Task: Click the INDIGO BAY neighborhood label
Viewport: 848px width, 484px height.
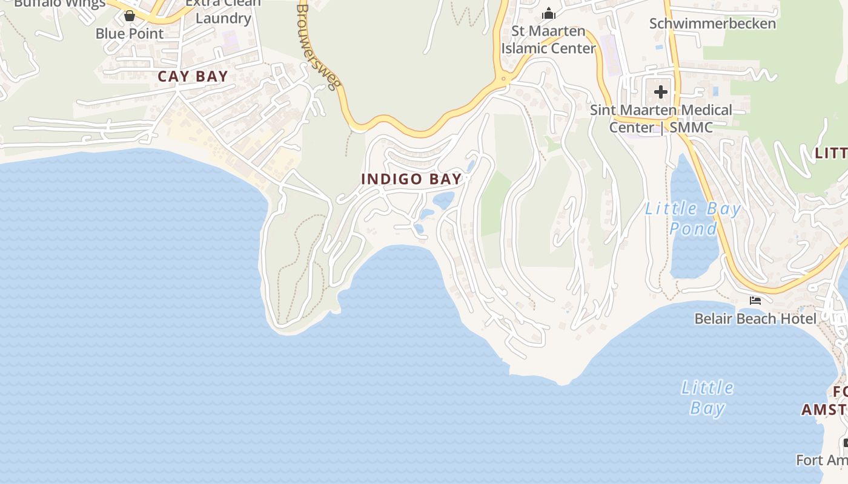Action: click(x=411, y=179)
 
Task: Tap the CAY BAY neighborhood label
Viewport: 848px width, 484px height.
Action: click(x=193, y=77)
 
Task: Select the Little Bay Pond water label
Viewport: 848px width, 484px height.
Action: click(x=693, y=218)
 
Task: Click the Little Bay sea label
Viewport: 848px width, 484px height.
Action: click(x=707, y=397)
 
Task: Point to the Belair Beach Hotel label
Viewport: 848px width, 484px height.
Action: click(x=755, y=318)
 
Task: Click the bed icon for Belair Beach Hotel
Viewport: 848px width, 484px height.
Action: click(x=755, y=300)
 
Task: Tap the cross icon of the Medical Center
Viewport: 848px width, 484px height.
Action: click(x=661, y=92)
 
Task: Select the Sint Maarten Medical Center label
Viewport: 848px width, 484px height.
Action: click(x=661, y=119)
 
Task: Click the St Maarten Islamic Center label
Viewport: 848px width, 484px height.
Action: click(x=549, y=39)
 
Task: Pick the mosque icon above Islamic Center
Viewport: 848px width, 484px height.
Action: click(x=549, y=13)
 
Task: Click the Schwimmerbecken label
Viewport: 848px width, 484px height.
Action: click(x=712, y=24)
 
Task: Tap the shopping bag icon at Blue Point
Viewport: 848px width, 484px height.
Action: click(x=130, y=16)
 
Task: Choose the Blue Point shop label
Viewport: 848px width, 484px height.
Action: click(x=130, y=33)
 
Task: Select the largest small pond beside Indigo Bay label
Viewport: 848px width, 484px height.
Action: click(x=443, y=200)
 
